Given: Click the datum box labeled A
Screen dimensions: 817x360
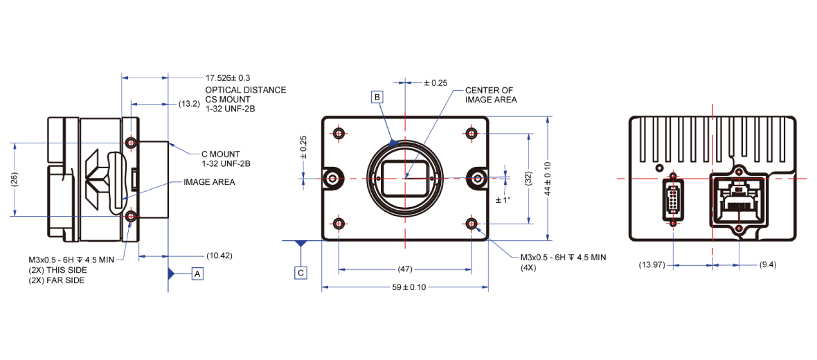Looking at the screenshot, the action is pyautogui.click(x=197, y=273).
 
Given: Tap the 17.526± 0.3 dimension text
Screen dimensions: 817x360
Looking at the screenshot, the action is pyautogui.click(x=228, y=79).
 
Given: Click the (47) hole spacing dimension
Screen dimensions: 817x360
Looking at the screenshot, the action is pyautogui.click(x=404, y=270).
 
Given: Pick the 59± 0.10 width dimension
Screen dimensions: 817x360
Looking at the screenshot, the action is pyautogui.click(x=405, y=288).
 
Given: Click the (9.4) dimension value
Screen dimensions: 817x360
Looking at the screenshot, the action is pyautogui.click(x=768, y=264).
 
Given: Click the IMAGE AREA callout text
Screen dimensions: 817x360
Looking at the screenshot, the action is pyautogui.click(x=209, y=182).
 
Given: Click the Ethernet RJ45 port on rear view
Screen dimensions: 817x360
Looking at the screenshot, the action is pyautogui.click(x=739, y=200).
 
